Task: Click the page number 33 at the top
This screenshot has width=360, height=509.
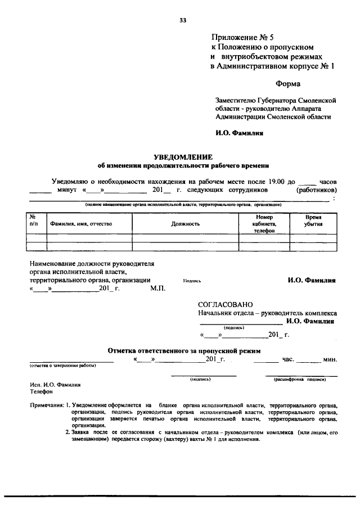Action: click(182, 20)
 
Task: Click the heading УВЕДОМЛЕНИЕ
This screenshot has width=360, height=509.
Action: click(183, 157)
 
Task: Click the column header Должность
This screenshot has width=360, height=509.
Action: click(186, 223)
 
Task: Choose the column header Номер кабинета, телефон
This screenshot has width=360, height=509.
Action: click(264, 223)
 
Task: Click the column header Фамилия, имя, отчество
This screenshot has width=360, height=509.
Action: click(81, 223)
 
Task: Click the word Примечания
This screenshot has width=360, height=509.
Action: click(46, 405)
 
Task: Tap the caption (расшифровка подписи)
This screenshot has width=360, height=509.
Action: click(301, 380)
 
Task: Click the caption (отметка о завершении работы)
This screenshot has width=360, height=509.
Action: click(62, 366)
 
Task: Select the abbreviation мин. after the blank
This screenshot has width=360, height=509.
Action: click(330, 359)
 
